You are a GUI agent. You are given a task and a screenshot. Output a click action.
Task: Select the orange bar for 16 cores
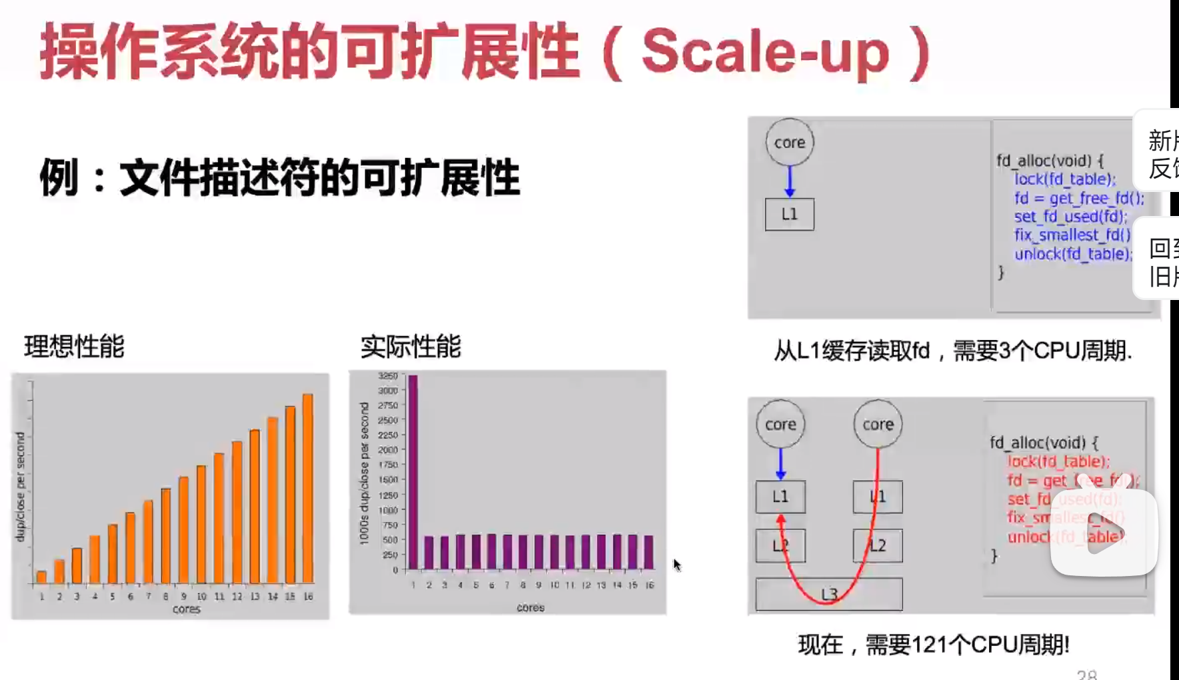(x=308, y=488)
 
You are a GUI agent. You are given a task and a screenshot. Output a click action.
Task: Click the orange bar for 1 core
(x=41, y=577)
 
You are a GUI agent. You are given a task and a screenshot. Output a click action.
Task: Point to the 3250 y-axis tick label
(x=387, y=376)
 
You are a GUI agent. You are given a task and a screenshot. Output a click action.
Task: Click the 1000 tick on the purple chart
(x=387, y=510)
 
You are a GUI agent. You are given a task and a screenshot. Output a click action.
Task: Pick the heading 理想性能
(x=74, y=347)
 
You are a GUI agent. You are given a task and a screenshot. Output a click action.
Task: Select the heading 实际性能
(x=411, y=347)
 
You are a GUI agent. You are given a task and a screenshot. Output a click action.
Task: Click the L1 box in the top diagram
(x=789, y=214)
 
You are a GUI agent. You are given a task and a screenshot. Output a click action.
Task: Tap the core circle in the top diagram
(x=790, y=142)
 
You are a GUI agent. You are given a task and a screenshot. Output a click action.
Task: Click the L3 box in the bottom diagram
(x=828, y=594)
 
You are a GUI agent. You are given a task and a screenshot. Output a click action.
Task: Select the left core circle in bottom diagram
(x=780, y=424)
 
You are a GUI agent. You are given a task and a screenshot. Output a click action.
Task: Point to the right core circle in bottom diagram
(x=878, y=424)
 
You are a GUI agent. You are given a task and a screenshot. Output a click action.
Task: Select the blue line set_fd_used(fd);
(x=1070, y=217)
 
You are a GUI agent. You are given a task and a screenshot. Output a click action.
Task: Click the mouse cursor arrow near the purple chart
(x=676, y=565)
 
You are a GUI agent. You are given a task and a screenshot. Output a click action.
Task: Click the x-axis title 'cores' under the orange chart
(x=186, y=609)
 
